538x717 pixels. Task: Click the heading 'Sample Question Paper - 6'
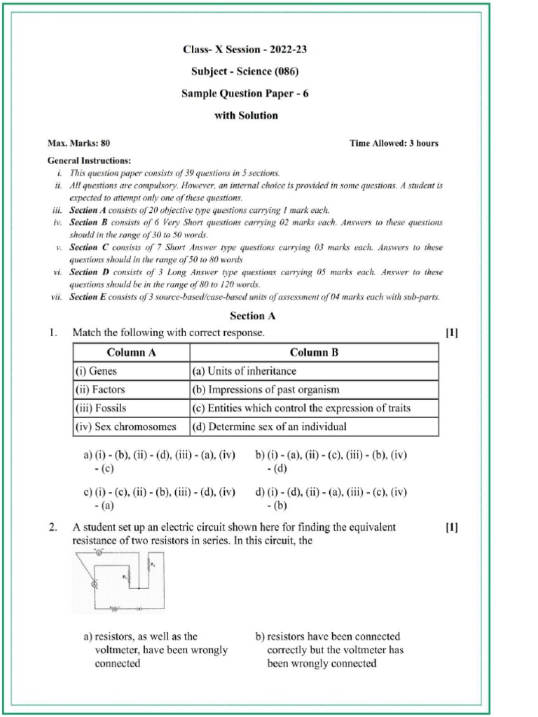click(x=245, y=93)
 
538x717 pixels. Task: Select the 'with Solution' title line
click(x=245, y=115)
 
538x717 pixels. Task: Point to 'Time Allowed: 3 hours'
click(x=394, y=144)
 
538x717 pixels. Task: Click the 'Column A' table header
click(x=131, y=352)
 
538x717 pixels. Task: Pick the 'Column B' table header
click(x=314, y=352)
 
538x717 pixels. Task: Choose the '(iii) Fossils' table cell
click(x=101, y=408)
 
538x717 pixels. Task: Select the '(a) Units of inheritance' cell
click(x=244, y=371)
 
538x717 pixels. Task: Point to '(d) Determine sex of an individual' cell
click(x=270, y=426)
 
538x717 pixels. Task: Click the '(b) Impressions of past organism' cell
click(x=265, y=389)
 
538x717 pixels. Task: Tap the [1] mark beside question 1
click(x=451, y=333)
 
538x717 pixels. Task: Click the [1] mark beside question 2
click(x=451, y=527)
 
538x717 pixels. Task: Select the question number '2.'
click(x=53, y=527)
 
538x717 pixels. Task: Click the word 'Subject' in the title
click(x=209, y=71)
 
